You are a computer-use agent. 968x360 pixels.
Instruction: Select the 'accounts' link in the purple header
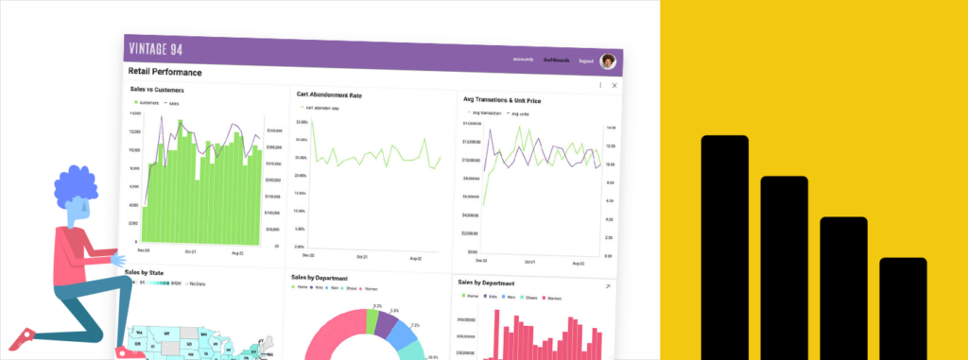[524, 60]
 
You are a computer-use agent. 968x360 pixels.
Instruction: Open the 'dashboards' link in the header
[557, 60]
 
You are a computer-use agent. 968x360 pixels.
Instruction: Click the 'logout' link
[586, 61]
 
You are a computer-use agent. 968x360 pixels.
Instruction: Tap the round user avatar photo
[608, 61]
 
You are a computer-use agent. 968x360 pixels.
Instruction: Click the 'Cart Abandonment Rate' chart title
[329, 95]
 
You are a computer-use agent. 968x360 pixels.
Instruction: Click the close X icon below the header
[614, 86]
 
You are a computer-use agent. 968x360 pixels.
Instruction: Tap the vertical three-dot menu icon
[600, 85]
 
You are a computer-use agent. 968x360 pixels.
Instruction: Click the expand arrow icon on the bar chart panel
[607, 285]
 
